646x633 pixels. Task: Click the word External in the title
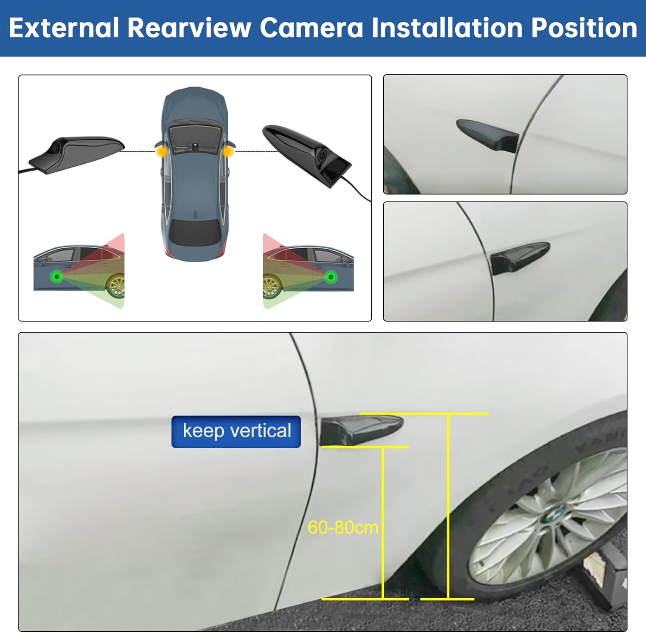coord(64,28)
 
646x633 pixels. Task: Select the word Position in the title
coord(584,28)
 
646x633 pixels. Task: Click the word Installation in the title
coord(447,28)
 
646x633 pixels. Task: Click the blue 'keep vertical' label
coord(236,431)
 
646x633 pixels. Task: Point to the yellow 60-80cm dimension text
coord(343,527)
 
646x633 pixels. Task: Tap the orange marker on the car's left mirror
coord(161,151)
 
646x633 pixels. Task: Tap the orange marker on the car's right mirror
coord(228,151)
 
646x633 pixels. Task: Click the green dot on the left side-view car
coord(56,277)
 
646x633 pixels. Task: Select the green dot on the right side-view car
coord(331,277)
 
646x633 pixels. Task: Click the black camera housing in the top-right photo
coord(488,135)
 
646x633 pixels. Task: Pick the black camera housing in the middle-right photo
coord(519,258)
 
